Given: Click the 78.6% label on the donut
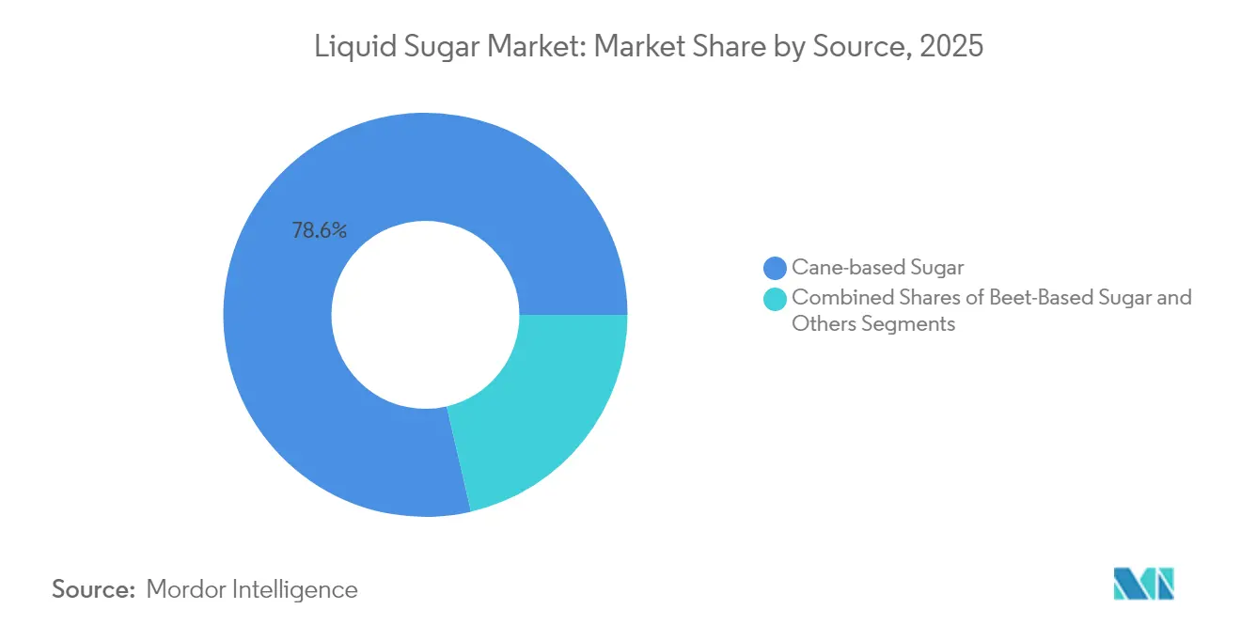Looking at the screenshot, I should tap(320, 230).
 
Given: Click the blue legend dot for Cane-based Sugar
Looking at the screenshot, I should tap(776, 269).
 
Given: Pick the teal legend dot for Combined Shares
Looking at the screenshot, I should tap(776, 299).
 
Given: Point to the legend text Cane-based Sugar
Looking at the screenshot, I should tap(878, 268).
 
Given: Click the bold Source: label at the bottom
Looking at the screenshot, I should tap(95, 589).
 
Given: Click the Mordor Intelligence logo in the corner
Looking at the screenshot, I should tap(1143, 584).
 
